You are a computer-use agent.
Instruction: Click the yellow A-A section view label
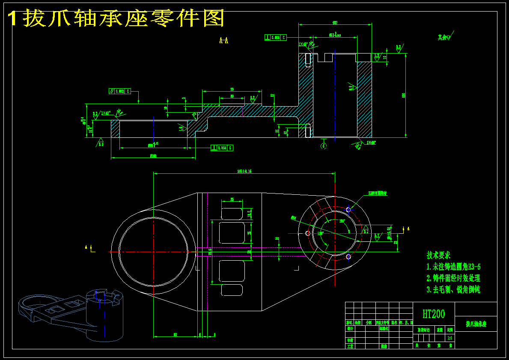223,41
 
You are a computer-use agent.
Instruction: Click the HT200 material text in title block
434,314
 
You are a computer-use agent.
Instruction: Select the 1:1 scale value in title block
450,338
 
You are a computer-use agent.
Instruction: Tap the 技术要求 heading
438,255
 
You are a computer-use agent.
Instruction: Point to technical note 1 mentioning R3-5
453,267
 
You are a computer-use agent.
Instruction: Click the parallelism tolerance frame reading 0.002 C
119,91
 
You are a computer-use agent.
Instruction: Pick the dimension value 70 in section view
232,89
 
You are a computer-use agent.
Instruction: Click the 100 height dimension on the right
403,95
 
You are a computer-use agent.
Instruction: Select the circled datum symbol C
323,146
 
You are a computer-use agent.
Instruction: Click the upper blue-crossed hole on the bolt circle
348,209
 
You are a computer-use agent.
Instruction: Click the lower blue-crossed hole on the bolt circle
348,256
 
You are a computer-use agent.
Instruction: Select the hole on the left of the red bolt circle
308,233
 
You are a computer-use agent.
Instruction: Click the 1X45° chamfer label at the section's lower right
370,143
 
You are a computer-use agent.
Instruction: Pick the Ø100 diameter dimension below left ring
153,156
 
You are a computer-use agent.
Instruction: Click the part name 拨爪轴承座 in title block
476,324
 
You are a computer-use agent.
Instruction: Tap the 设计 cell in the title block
350,329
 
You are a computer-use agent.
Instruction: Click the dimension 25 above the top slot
232,199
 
